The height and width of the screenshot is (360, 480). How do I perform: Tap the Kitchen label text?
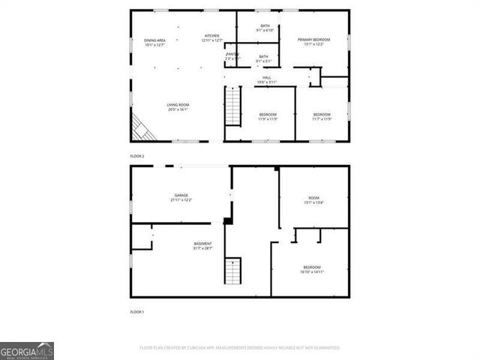(212, 38)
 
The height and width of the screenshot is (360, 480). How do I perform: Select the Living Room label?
(178, 107)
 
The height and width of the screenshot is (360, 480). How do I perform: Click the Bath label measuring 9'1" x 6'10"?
(265, 28)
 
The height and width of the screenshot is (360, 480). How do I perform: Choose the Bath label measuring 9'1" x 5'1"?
(263, 58)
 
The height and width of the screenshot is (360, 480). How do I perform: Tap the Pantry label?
(232, 56)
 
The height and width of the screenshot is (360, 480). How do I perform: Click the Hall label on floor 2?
(267, 79)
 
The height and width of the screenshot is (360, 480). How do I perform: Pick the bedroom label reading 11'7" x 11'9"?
(321, 116)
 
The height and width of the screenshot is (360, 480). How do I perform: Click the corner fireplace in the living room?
(142, 128)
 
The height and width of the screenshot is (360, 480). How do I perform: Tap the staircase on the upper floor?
(234, 107)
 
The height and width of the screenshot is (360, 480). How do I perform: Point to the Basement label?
(202, 245)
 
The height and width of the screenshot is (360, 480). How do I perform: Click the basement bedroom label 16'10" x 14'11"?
(312, 270)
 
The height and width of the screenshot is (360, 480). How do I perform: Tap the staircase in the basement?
(234, 271)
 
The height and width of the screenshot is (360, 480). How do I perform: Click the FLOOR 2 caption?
(137, 156)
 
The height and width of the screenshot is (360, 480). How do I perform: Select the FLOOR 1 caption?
(137, 311)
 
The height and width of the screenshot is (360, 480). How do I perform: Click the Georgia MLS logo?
(27, 351)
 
